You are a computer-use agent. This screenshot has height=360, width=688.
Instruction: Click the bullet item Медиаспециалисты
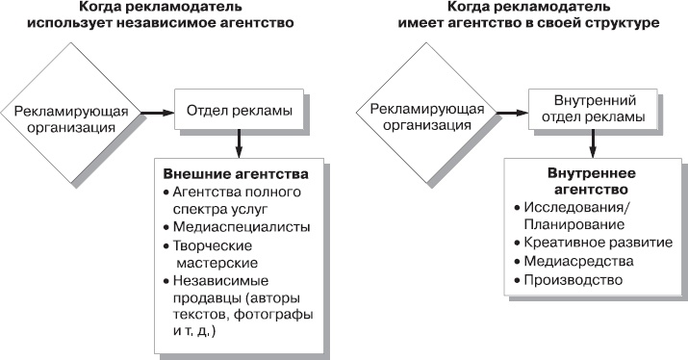point(228,226)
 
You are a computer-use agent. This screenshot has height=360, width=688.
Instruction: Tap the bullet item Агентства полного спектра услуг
point(232,199)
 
